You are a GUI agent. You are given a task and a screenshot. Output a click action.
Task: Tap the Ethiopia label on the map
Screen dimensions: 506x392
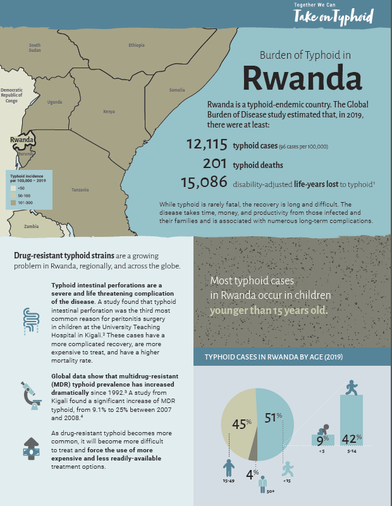pos(137,45)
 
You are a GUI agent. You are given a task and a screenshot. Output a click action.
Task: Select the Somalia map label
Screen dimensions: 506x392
pos(177,90)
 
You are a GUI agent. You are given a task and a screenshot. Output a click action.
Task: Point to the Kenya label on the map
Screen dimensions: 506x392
pos(109,112)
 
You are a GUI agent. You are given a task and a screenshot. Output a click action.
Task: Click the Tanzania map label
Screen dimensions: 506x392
pos(80,190)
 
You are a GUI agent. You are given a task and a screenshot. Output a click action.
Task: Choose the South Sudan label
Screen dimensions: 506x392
pos(35,47)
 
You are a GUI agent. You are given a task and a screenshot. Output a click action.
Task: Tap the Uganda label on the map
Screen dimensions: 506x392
pos(55,102)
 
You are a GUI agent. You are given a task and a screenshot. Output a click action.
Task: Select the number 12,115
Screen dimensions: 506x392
pos(206,145)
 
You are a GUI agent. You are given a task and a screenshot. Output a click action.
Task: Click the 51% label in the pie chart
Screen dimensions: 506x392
pos(272,418)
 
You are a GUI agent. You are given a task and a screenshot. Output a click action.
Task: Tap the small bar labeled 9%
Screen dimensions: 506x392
pos(322,439)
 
